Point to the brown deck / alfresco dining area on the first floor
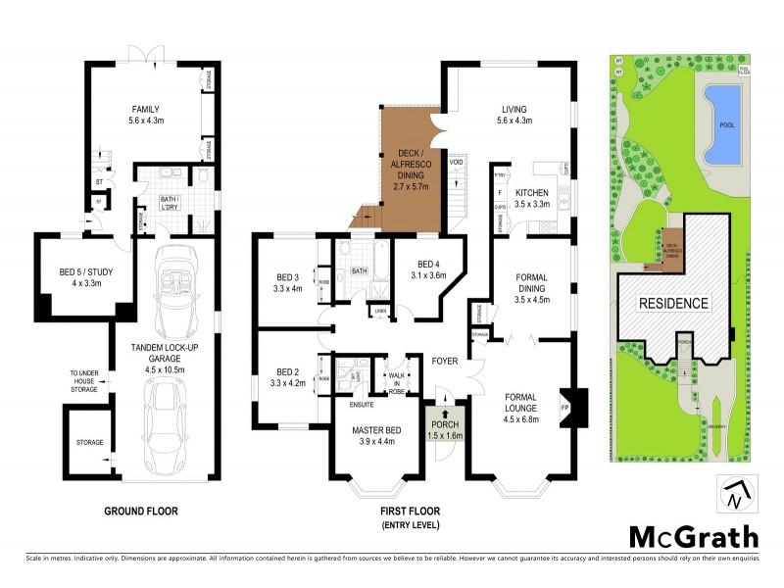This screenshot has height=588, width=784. [408, 171]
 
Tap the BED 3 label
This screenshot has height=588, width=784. [286, 282]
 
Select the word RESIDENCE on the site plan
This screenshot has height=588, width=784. [673, 303]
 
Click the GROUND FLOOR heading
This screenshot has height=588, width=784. [142, 512]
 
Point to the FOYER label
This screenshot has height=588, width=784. [447, 361]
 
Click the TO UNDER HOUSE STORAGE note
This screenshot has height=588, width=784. [83, 382]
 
